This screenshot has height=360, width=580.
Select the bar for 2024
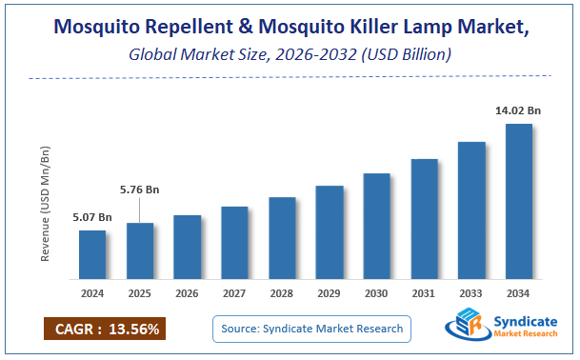(91, 255)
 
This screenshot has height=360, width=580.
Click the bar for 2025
(139, 251)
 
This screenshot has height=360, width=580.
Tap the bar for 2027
(234, 243)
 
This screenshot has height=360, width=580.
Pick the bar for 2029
(330, 232)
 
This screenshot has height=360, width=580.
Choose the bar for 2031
(424, 219)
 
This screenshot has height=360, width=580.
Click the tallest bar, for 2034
(518, 202)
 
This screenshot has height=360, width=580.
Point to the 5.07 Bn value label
(92, 217)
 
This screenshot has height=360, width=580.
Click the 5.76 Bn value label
(140, 190)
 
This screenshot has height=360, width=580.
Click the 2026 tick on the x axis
(187, 294)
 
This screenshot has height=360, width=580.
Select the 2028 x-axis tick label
(282, 294)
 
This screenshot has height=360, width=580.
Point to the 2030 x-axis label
(376, 294)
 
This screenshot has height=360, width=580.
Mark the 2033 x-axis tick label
(471, 294)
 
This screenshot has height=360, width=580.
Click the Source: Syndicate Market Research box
(311, 330)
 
